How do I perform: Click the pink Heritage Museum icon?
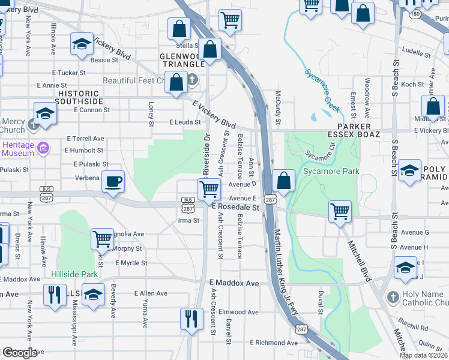pyautogui.click(x=42, y=147)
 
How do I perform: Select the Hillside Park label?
pyautogui.click(x=74, y=274)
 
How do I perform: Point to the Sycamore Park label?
pyautogui.click(x=331, y=172)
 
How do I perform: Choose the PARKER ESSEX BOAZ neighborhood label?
pyautogui.click(x=360, y=130)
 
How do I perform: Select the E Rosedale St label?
pyautogui.click(x=235, y=208)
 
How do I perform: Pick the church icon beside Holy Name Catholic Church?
pyautogui.click(x=393, y=297)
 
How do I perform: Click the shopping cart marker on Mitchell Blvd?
pyautogui.click(x=340, y=211)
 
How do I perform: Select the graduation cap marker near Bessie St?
pyautogui.click(x=82, y=44)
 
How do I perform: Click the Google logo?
pyautogui.click(x=20, y=353)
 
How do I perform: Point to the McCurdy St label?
pyautogui.click(x=277, y=109)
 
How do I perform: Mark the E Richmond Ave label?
pyautogui.click(x=273, y=343)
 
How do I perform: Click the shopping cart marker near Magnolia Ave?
pyautogui.click(x=102, y=238)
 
